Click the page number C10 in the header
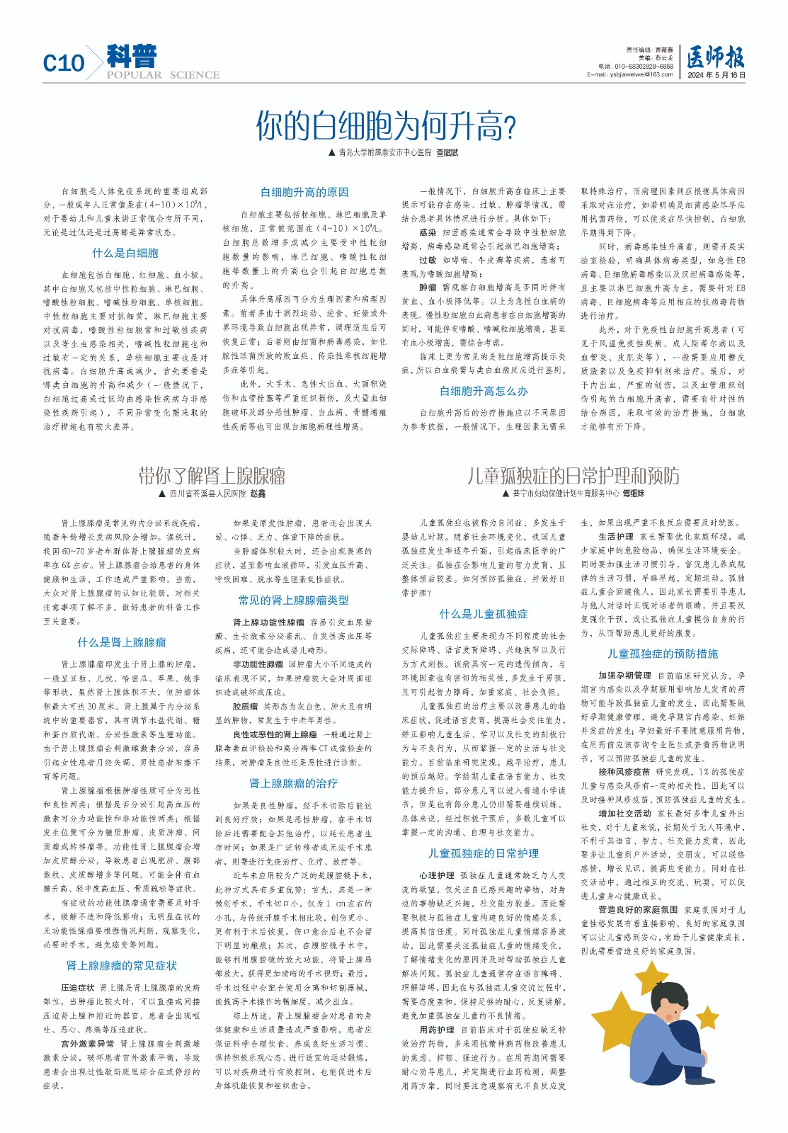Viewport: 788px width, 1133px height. pyautogui.click(x=64, y=63)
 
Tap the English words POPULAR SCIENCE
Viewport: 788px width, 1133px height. pyautogui.click(x=163, y=75)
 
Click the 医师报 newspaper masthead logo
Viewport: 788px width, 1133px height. pyautogui.click(x=715, y=57)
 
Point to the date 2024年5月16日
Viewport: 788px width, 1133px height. pyautogui.click(x=716, y=74)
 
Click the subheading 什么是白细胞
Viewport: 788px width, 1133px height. pyautogui.click(x=125, y=253)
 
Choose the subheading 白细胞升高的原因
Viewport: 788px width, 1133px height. pyautogui.click(x=304, y=192)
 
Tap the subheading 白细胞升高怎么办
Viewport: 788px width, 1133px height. pyautogui.click(x=484, y=391)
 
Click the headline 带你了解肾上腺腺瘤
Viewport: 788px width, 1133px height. pyautogui.click(x=212, y=476)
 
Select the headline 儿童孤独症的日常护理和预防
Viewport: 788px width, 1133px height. pyautogui.click(x=573, y=476)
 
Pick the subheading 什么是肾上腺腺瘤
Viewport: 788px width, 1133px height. pyautogui.click(x=122, y=642)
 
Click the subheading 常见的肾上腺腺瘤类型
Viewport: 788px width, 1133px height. pyautogui.click(x=294, y=600)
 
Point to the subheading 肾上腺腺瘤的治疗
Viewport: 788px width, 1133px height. pyautogui.click(x=294, y=783)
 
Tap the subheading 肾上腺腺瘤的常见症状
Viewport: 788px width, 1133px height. pyautogui.click(x=122, y=966)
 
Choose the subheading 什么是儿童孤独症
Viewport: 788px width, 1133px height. pyautogui.click(x=484, y=614)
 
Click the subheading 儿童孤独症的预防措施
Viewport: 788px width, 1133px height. pyautogui.click(x=663, y=654)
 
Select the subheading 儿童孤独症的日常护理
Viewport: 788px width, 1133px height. pyautogui.click(x=484, y=853)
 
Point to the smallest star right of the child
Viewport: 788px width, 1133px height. pyautogui.click(x=707, y=1017)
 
